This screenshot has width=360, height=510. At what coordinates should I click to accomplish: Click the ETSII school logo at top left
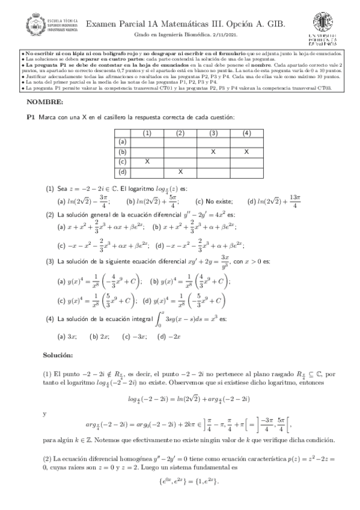[46, 26]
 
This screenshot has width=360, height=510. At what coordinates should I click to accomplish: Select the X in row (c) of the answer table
[147, 162]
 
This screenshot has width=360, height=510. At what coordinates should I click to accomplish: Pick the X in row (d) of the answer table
[180, 172]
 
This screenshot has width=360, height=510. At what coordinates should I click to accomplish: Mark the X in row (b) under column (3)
[213, 152]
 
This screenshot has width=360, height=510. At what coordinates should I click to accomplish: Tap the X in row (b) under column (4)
[246, 152]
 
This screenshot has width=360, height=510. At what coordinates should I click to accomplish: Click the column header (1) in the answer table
[147, 132]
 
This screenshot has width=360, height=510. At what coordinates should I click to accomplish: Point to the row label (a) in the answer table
[123, 143]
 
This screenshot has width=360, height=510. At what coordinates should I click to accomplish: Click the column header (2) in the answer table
[180, 132]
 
